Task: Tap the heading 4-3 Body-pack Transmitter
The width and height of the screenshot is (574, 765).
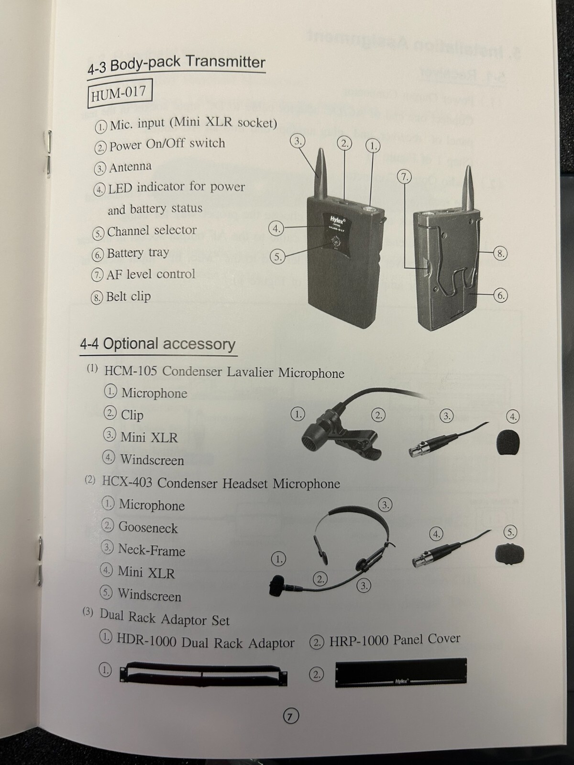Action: click(176, 64)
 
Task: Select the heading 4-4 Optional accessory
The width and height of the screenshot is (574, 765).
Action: click(158, 344)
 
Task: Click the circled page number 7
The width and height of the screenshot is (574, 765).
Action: click(291, 715)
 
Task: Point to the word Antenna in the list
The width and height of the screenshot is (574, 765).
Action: click(130, 167)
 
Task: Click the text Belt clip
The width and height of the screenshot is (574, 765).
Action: click(128, 296)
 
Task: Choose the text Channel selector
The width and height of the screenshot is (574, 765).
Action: click(152, 231)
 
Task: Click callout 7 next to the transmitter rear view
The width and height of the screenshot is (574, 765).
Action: click(404, 177)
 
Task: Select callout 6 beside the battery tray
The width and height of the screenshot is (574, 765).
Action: click(500, 295)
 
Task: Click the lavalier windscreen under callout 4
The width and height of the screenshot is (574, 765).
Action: click(508, 442)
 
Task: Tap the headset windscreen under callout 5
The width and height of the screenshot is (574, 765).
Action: click(509, 554)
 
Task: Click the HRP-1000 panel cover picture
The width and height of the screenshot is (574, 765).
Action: click(401, 672)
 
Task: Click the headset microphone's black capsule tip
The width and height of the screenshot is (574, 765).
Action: click(277, 586)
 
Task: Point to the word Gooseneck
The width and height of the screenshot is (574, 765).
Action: click(148, 527)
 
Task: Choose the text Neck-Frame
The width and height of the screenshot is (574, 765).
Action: click(151, 550)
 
